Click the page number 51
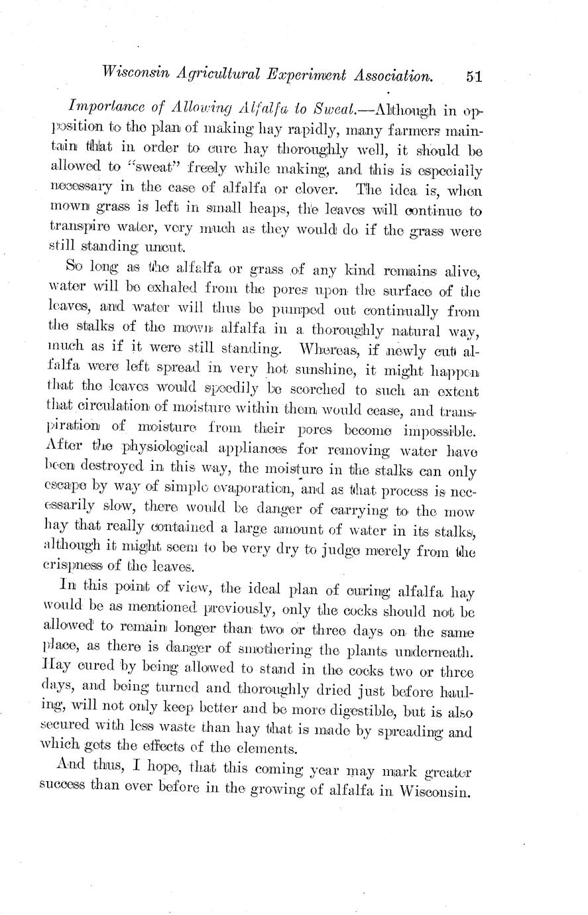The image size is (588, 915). coord(473,77)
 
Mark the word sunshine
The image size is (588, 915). coord(335,369)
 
